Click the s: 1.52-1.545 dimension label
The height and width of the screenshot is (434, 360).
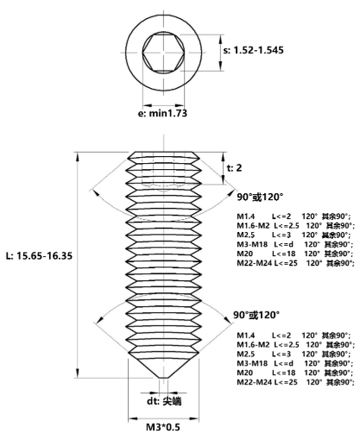coord(264,52)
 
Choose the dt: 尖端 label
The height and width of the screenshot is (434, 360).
coord(161,401)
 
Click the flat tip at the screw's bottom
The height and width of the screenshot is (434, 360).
coord(162,376)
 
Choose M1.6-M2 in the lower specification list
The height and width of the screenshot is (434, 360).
coord(254,343)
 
